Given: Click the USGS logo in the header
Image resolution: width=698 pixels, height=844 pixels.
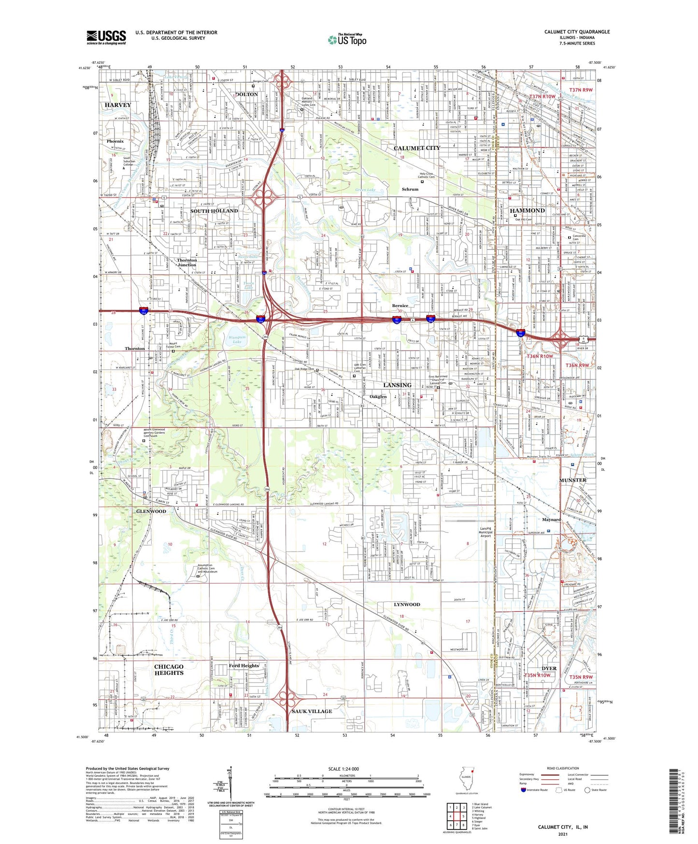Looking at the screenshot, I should pyautogui.click(x=106, y=37).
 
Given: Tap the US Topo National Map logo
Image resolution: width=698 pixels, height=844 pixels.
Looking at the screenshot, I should pyautogui.click(x=347, y=40).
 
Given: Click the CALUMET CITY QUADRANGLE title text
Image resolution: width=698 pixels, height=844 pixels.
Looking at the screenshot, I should pyautogui.click(x=577, y=32).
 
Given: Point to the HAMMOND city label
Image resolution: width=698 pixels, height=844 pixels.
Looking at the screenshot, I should pyautogui.click(x=527, y=211).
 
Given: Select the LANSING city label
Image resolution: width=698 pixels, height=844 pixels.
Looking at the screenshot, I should pyautogui.click(x=397, y=385).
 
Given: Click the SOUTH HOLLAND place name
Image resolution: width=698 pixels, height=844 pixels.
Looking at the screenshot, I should pyautogui.click(x=214, y=211).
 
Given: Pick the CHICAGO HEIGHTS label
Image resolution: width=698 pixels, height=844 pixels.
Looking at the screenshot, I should pyautogui.click(x=169, y=669).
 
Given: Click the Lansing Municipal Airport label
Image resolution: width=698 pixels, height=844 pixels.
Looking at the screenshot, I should pyautogui.click(x=485, y=532).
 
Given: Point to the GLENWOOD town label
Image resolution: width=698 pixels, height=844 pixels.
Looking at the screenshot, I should pyautogui.click(x=151, y=511).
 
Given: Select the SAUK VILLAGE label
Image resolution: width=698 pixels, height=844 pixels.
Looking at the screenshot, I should pyautogui.click(x=312, y=711).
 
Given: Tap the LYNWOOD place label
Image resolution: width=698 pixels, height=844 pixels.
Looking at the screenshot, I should pyautogui.click(x=407, y=605).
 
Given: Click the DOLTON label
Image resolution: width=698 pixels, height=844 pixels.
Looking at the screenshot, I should pyautogui.click(x=246, y=94).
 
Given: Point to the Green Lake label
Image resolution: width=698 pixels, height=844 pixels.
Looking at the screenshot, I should pyautogui.click(x=365, y=190).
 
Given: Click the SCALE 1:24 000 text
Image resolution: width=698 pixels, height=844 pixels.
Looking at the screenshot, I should pyautogui.click(x=343, y=769).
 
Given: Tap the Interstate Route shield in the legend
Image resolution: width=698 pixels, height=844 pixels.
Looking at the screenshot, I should pyautogui.click(x=524, y=790).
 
